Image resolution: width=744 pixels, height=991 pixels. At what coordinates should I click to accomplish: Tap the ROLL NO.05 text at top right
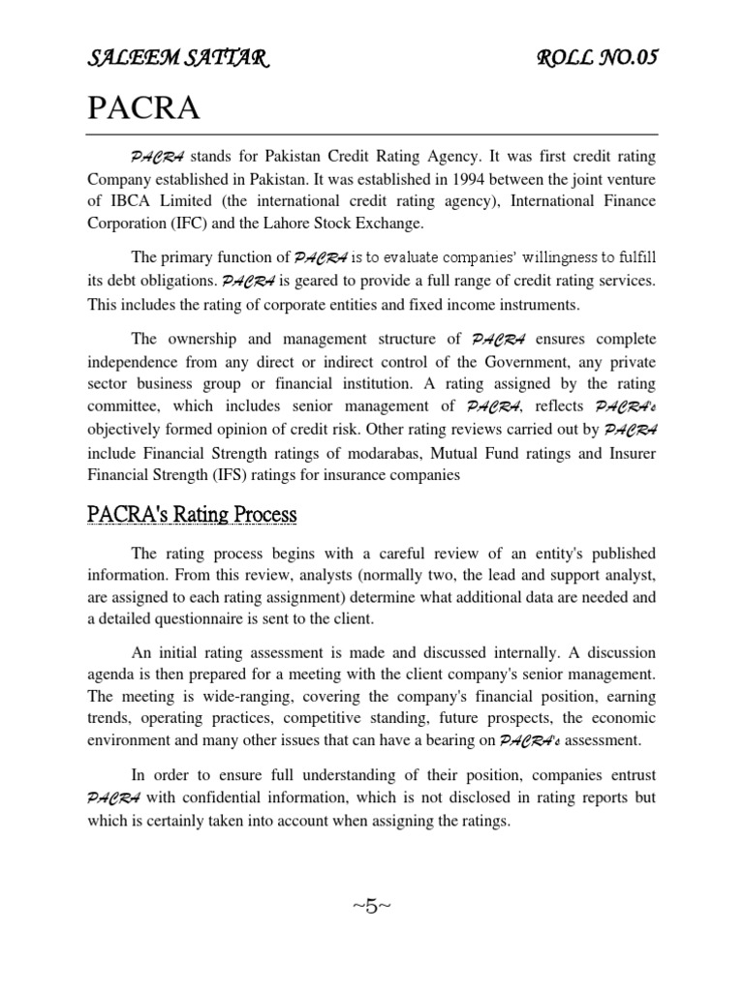click(x=597, y=59)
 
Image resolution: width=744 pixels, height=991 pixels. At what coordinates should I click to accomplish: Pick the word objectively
click(x=128, y=429)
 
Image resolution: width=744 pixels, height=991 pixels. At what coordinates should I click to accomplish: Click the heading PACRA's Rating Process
click(x=192, y=514)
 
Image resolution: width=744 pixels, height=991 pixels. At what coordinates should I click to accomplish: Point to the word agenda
click(x=111, y=676)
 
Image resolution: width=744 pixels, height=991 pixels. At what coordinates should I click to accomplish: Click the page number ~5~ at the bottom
click(x=372, y=906)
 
